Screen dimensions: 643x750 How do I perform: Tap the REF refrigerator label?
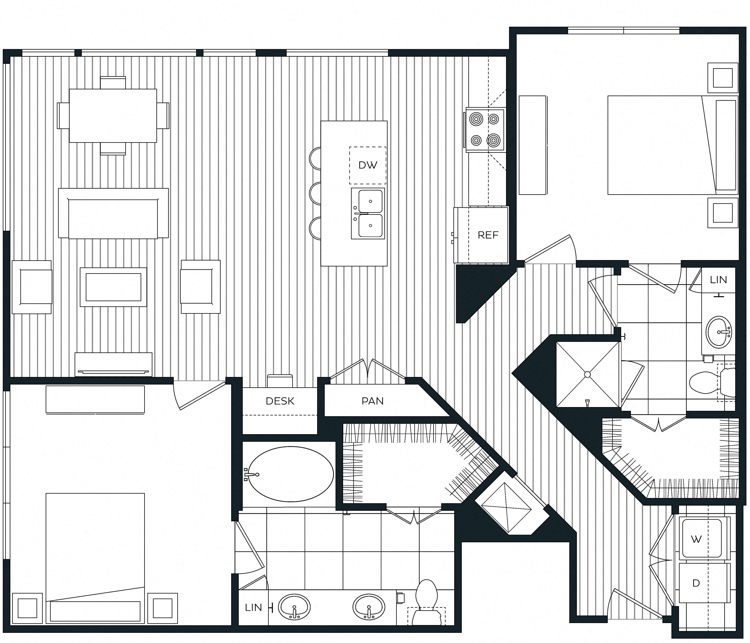[488, 235]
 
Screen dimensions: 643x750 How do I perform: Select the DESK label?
[280, 401]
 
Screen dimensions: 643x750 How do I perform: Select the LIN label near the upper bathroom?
[718, 280]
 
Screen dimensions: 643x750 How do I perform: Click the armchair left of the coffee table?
[32, 287]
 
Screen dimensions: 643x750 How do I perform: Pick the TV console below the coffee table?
[113, 364]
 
